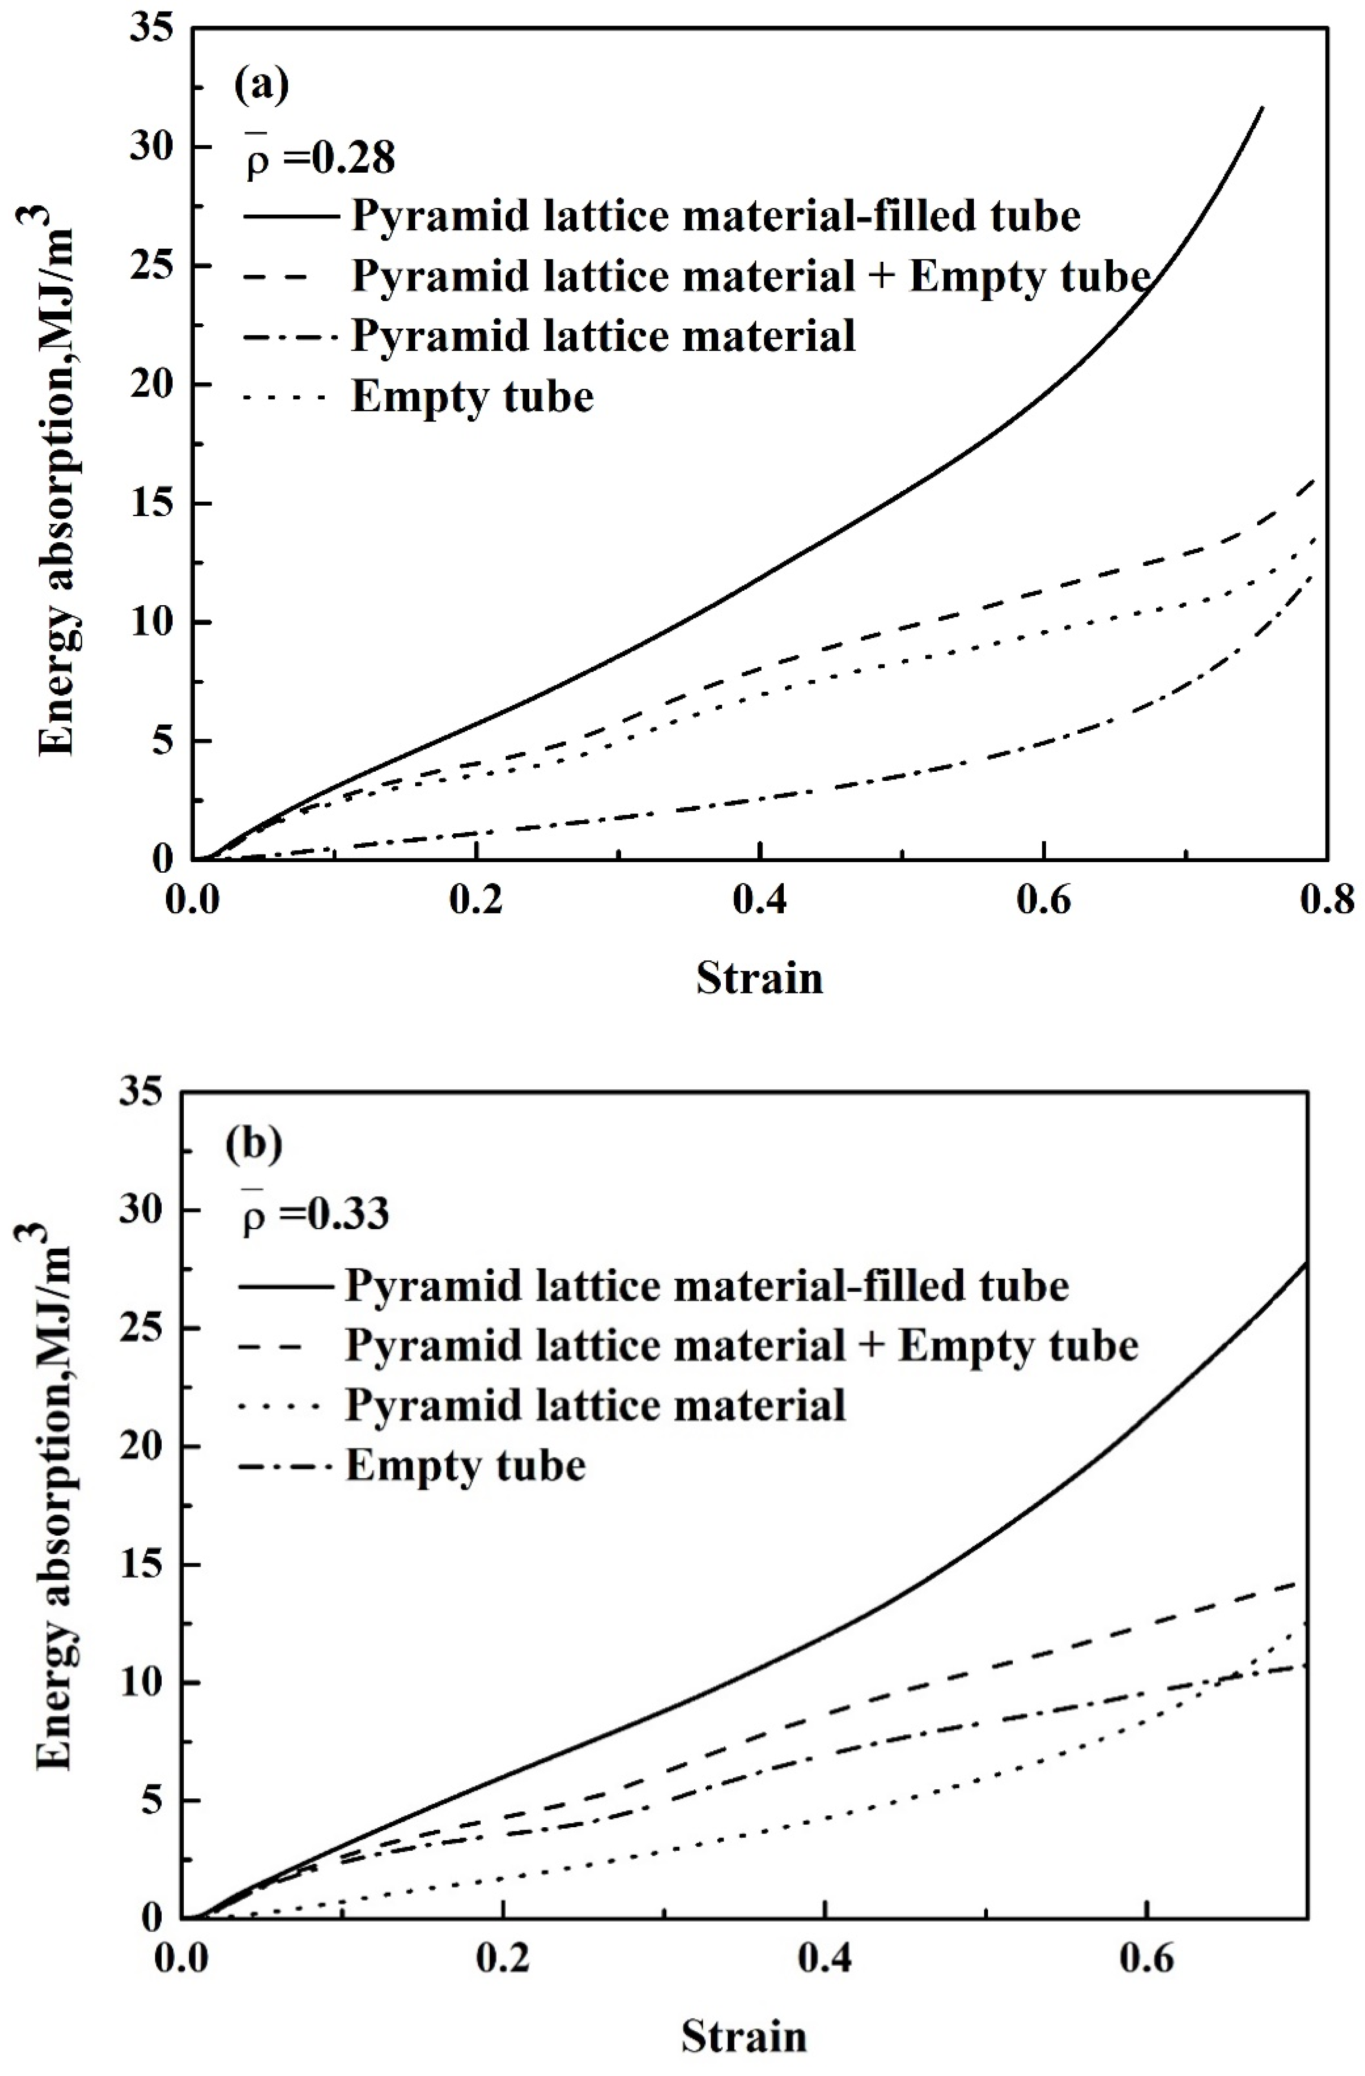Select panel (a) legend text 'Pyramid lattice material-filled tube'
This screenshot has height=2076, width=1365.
coord(715,215)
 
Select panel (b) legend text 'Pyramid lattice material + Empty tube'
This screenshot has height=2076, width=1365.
coord(741,1345)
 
